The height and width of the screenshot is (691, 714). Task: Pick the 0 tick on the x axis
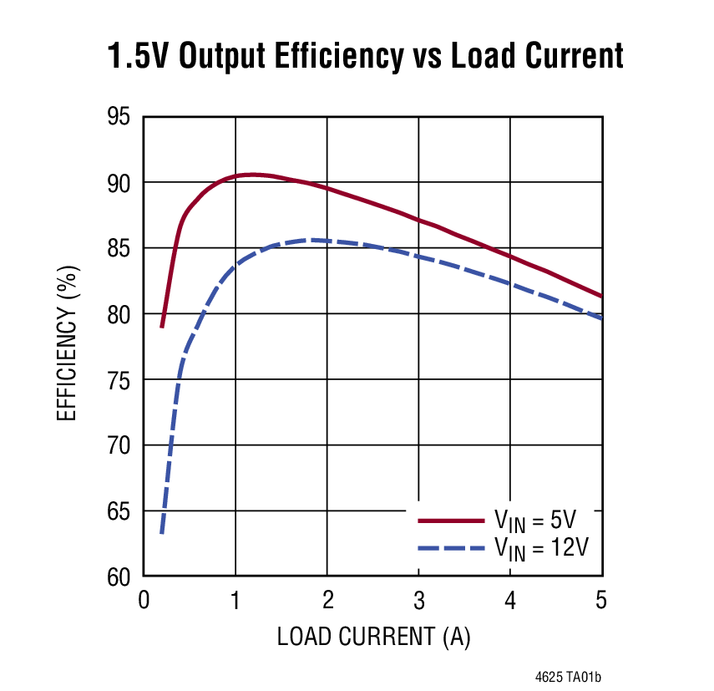coord(144,599)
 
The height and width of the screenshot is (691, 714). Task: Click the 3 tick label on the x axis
coord(418,599)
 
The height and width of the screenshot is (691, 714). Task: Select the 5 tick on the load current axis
coord(600,599)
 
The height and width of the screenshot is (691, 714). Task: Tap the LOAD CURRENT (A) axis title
coord(373,637)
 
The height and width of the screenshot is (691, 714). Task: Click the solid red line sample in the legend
coord(451,521)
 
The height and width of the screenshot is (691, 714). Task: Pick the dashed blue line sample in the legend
coord(451,548)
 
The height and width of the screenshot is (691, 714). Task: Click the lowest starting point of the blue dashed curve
coord(162,533)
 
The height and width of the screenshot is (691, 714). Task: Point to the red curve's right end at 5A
coord(601,296)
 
